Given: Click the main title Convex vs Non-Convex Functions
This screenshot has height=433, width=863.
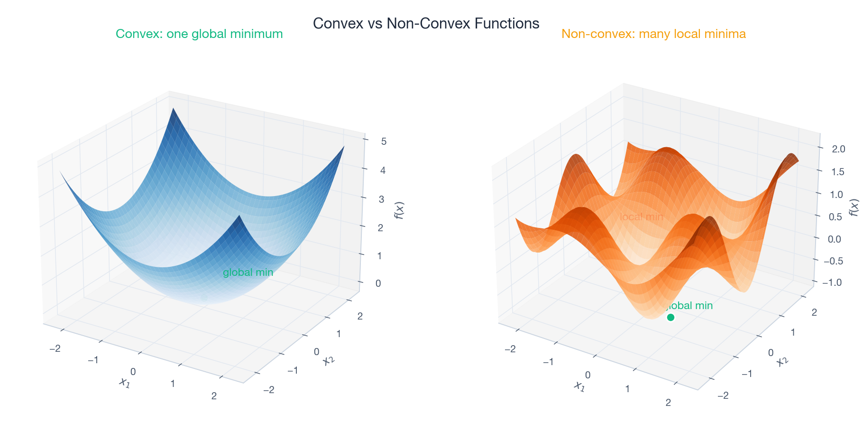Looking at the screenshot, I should pos(426,23).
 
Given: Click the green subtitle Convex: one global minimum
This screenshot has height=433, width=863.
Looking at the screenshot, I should pos(199,34).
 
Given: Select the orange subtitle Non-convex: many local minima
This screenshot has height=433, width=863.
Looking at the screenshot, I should pos(653,34).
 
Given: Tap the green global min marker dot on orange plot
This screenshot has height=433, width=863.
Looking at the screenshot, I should pos(670,317).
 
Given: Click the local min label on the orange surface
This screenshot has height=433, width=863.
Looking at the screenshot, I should pos(642,217).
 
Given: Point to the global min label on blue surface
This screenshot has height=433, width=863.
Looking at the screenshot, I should pos(248,273).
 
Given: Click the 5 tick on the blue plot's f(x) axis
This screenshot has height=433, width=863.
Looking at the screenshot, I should pos(383,141).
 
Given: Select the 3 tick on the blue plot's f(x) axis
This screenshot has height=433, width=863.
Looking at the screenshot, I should pos(381,199).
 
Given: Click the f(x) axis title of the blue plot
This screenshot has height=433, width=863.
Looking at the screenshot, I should pos(399,211).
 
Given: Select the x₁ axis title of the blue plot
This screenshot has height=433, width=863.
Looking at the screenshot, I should pos(124,382).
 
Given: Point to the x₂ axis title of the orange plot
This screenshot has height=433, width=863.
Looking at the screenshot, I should pos(782,362).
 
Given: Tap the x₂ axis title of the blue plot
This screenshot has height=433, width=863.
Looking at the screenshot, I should pos(328,361).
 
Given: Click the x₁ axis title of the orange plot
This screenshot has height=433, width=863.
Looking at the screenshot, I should pos(579,386).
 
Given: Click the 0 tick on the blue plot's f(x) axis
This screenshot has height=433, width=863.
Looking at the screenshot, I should pos(378,283).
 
